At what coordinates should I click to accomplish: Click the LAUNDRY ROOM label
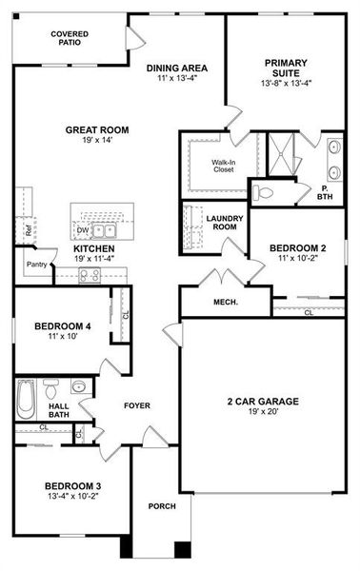click(x=225, y=223)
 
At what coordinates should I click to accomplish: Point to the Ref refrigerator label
click(x=29, y=229)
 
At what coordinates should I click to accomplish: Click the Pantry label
click(x=37, y=265)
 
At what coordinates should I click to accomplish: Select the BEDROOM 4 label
click(x=63, y=328)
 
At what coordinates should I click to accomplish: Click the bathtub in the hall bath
click(x=27, y=394)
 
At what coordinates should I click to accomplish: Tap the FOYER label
click(x=139, y=405)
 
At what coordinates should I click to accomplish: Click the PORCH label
click(x=162, y=506)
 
